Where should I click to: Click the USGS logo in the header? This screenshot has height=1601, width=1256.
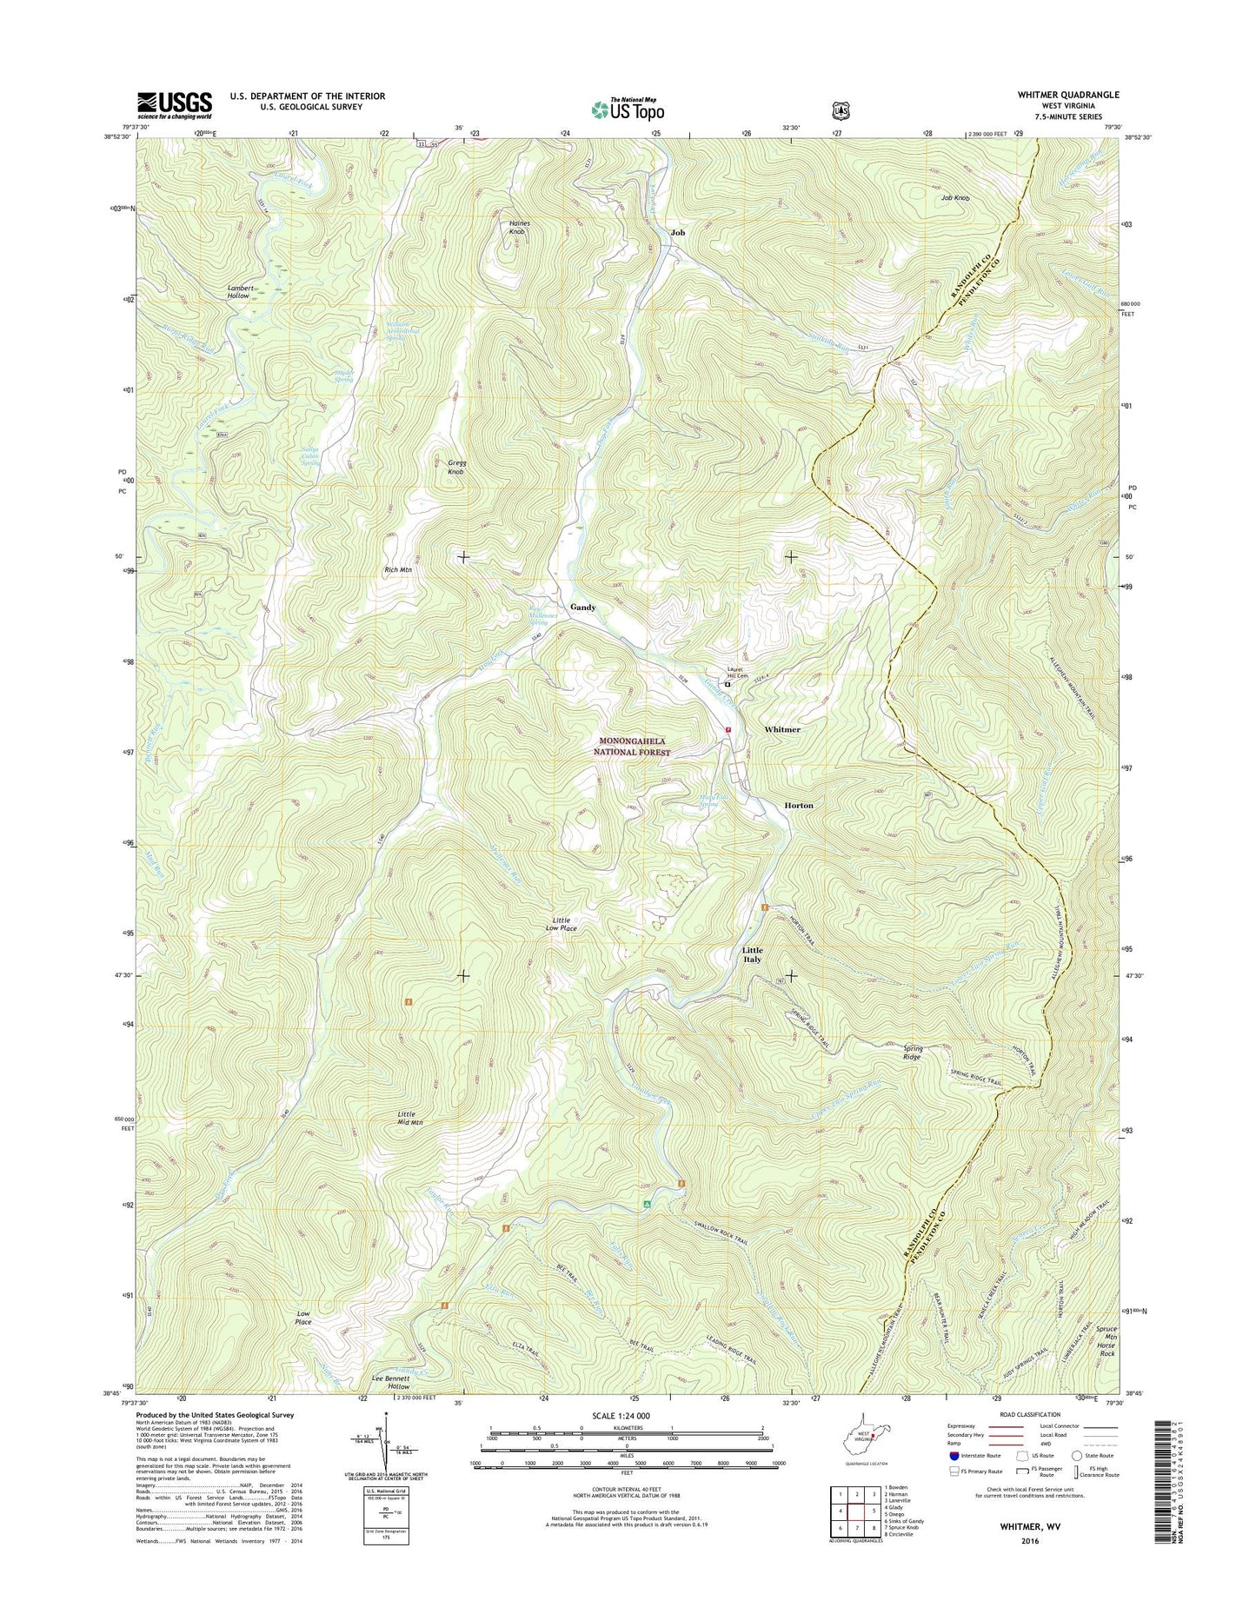point(174,105)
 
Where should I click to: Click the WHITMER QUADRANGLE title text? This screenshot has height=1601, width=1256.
point(1067,95)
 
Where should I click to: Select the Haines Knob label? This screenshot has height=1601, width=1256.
point(519,228)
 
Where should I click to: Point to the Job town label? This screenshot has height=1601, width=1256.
point(678,233)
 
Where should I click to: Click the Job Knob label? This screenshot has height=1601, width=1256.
point(954,198)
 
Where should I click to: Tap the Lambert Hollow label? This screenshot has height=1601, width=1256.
point(239,292)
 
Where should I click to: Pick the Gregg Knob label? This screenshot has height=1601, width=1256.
point(455,466)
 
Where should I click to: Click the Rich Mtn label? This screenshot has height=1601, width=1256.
point(398,569)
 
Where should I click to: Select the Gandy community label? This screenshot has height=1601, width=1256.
point(582,607)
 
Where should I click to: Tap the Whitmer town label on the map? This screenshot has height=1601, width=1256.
point(782,729)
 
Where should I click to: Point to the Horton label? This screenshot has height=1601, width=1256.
point(799,806)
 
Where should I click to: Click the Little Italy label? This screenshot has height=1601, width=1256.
point(752,954)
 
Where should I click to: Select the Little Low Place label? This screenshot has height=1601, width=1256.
point(558,924)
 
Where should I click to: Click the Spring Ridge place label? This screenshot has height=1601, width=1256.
point(912,1053)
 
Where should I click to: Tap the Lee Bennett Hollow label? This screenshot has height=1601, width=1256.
point(390,1406)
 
